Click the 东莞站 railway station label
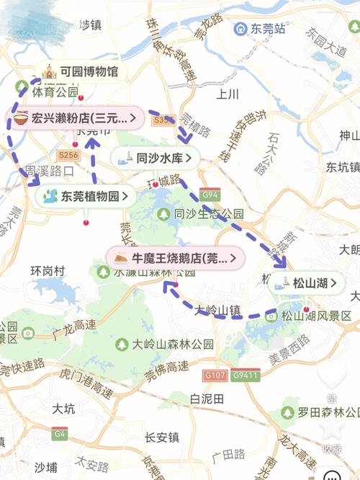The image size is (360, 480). point(268,30)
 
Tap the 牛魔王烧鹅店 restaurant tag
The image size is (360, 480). point(176,257)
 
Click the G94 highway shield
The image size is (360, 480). point(210,195)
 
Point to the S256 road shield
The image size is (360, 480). point(68,155)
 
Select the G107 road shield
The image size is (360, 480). point(214,375)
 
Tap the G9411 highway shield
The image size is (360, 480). point(246,375)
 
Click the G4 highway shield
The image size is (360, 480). point(59,434)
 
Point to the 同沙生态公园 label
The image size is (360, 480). point(209,214)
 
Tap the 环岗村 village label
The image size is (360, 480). point(48,271)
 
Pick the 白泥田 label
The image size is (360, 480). point(207,399)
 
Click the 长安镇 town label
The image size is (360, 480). point(161,437)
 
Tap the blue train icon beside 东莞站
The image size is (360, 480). point(240,30)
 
